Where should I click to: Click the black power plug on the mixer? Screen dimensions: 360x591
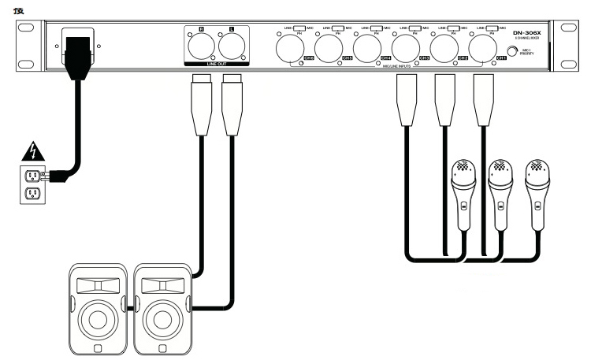pos(81,55)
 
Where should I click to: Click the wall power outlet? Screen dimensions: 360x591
pos(34,184)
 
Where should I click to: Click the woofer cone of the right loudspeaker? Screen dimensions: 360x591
pos(162,319)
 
